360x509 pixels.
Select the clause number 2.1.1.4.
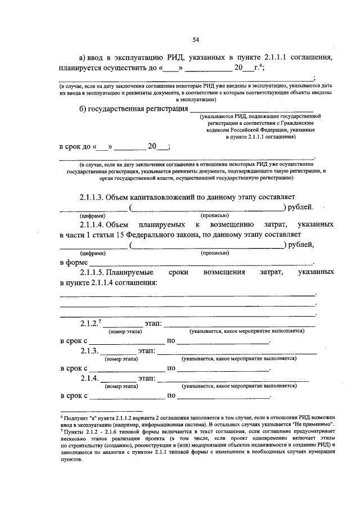(96, 224)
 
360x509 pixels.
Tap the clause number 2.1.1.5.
(96, 272)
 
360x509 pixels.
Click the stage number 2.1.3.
(89, 351)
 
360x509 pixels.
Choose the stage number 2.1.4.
(89, 378)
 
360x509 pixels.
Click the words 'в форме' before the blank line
(74, 262)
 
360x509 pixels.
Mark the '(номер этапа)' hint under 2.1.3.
(122, 359)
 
